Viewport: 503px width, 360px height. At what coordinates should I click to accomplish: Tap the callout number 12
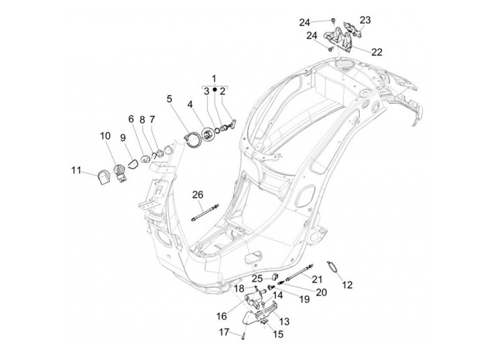[x=347, y=285]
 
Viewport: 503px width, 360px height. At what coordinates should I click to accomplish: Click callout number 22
[x=377, y=52]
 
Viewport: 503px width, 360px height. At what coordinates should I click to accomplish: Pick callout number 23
[x=365, y=20]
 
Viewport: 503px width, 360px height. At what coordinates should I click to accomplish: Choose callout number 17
[x=224, y=332]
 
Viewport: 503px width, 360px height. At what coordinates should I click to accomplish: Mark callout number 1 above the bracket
[x=214, y=78]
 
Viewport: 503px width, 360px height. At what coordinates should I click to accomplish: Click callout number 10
[x=105, y=135]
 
